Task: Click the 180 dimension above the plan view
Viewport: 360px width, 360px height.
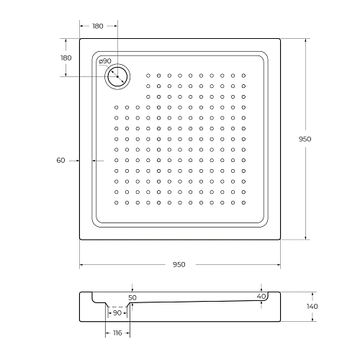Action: (x=98, y=26)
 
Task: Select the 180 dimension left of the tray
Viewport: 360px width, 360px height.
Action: (x=66, y=58)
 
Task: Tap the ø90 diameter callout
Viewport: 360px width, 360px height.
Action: (x=104, y=60)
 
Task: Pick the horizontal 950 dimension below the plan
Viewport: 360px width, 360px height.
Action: (x=179, y=264)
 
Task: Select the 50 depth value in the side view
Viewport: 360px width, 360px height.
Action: (x=132, y=297)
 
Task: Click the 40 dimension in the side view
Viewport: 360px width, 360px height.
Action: (x=261, y=296)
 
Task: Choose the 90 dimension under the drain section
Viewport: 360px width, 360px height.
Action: (x=117, y=312)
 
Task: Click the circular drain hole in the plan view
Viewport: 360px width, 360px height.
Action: (x=116, y=76)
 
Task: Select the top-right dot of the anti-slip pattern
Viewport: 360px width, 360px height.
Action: (x=243, y=75)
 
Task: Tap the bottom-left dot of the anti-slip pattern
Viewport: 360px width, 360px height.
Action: (x=117, y=202)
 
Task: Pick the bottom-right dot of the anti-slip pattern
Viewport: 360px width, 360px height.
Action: (x=243, y=202)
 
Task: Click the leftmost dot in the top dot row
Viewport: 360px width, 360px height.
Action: (x=148, y=75)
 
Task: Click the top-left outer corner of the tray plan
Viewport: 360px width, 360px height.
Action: (x=79, y=39)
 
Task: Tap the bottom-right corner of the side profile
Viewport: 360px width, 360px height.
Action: (x=279, y=320)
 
